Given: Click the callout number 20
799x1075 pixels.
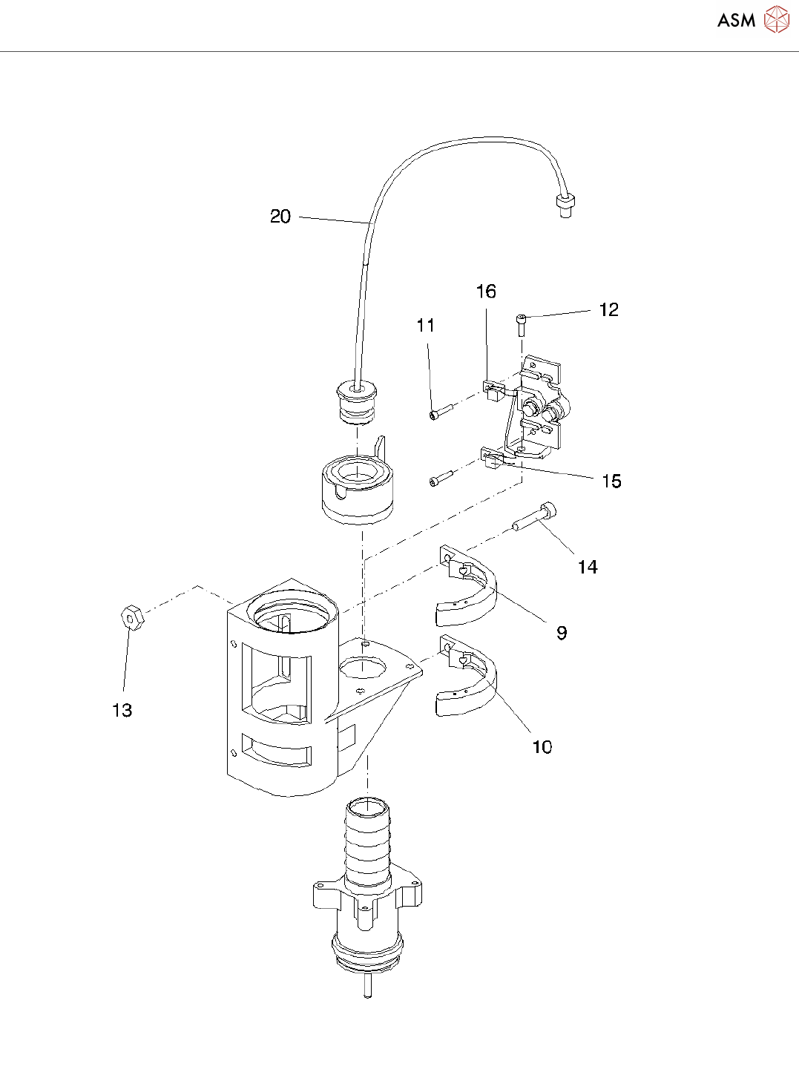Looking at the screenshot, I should tap(280, 217).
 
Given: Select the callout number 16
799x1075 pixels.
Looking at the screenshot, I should tap(486, 292).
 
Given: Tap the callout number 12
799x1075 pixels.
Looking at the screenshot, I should tap(608, 309).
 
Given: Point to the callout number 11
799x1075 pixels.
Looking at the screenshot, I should tap(425, 325).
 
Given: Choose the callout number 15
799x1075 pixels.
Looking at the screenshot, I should tap(611, 481).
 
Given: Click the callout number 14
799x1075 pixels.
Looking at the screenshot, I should tap(588, 567).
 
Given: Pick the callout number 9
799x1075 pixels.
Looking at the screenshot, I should tap(562, 633).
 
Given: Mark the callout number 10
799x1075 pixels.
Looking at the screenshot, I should tap(542, 747).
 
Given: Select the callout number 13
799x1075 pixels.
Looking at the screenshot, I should tap(122, 711).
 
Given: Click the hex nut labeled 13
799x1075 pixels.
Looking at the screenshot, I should tap(131, 617).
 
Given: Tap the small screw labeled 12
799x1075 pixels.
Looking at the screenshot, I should tap(522, 323).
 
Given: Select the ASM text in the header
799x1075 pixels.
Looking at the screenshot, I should tap(736, 21).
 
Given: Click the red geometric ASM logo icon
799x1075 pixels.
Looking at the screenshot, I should tap(776, 20).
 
